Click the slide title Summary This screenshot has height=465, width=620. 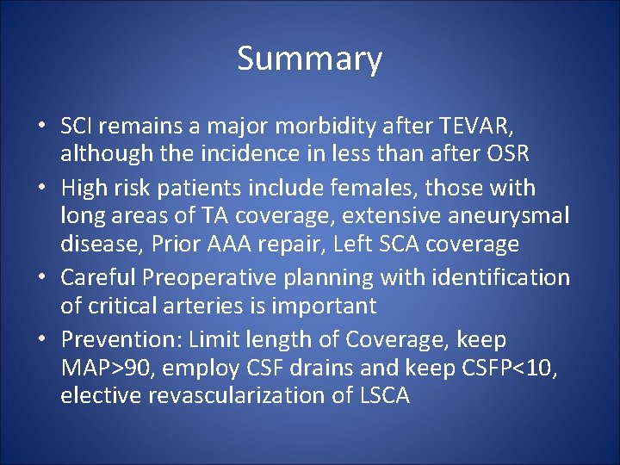click(x=309, y=59)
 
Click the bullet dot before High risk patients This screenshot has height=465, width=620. click(x=41, y=188)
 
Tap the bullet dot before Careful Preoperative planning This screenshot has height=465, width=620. click(x=41, y=278)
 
